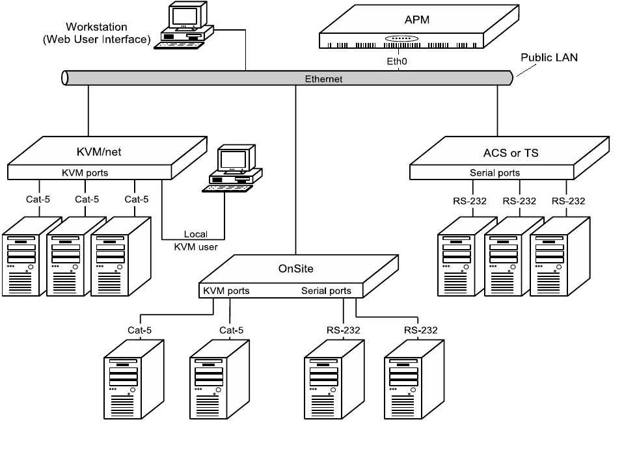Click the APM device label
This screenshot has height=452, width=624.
[417, 20]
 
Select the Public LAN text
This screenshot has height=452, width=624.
[549, 57]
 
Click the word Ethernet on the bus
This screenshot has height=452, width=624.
[323, 79]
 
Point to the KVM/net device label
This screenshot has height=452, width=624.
[99, 152]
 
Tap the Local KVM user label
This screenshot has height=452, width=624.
[195, 240]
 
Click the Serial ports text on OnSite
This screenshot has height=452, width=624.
[326, 291]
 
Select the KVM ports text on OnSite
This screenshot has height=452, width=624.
[226, 291]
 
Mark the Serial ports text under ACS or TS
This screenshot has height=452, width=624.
[495, 173]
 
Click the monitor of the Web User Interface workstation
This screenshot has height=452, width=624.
[184, 16]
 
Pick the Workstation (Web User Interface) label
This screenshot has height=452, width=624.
[97, 33]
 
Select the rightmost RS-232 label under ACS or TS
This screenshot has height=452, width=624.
[568, 200]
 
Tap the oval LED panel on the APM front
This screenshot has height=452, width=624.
[402, 39]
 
